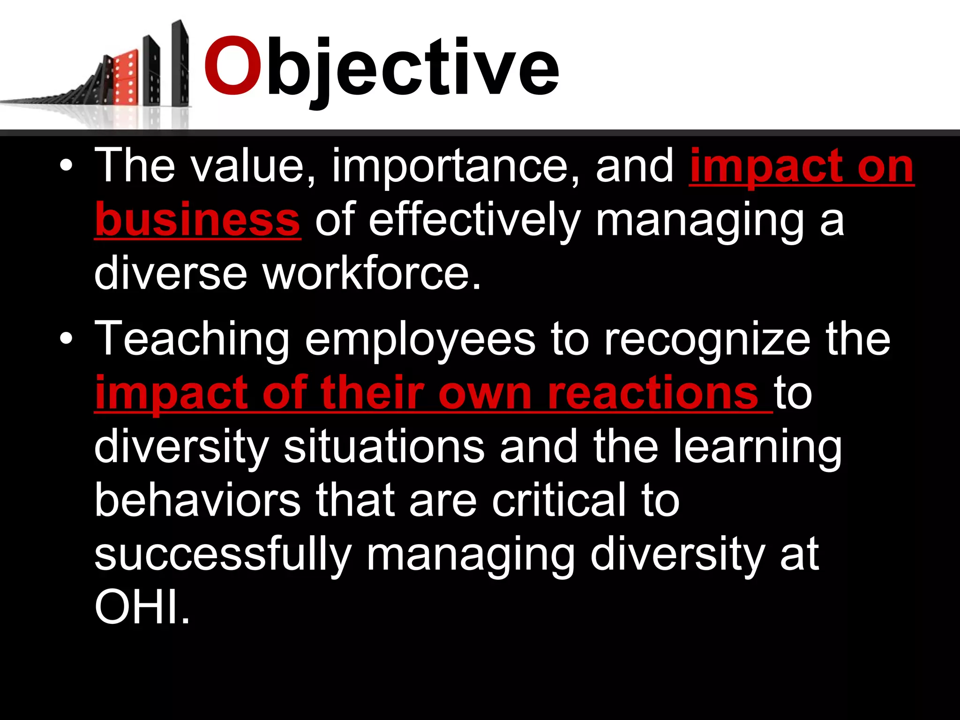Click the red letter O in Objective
point(232,67)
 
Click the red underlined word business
point(197,220)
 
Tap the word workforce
point(371,274)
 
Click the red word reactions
point(652,393)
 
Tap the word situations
point(384,447)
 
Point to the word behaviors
point(197,501)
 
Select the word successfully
point(223,555)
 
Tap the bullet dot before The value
point(67,166)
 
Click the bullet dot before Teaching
point(67,338)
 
